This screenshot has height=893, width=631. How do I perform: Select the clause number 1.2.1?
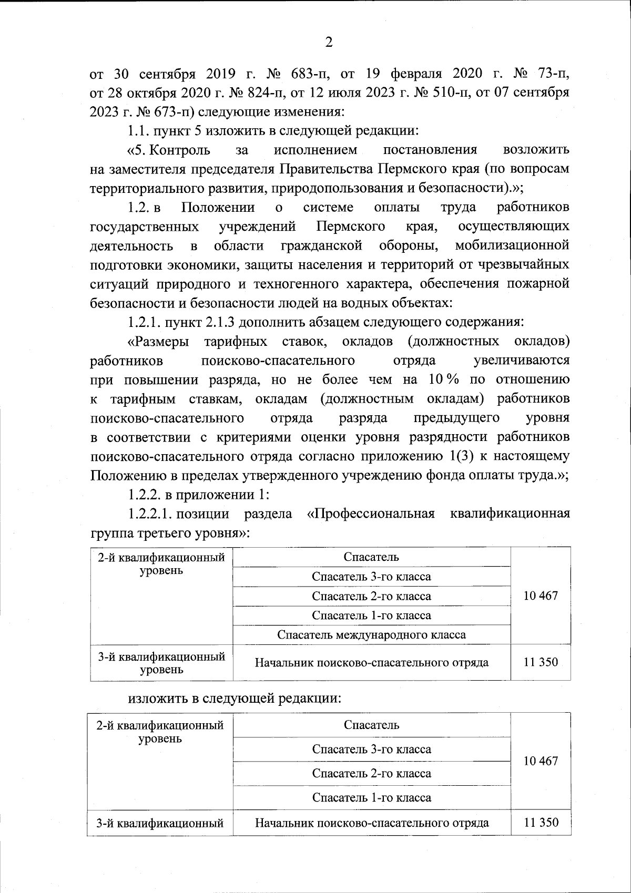[144, 322]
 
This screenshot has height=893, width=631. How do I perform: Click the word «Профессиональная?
[371, 514]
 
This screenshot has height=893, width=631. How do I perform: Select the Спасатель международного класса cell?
[371, 634]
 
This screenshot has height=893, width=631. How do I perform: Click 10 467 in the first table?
[541, 596]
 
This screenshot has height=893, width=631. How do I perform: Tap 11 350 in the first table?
[541, 662]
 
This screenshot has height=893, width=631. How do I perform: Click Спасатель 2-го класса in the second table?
[371, 773]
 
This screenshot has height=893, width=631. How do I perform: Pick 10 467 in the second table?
[541, 761]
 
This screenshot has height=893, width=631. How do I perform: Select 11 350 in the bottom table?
[541, 823]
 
